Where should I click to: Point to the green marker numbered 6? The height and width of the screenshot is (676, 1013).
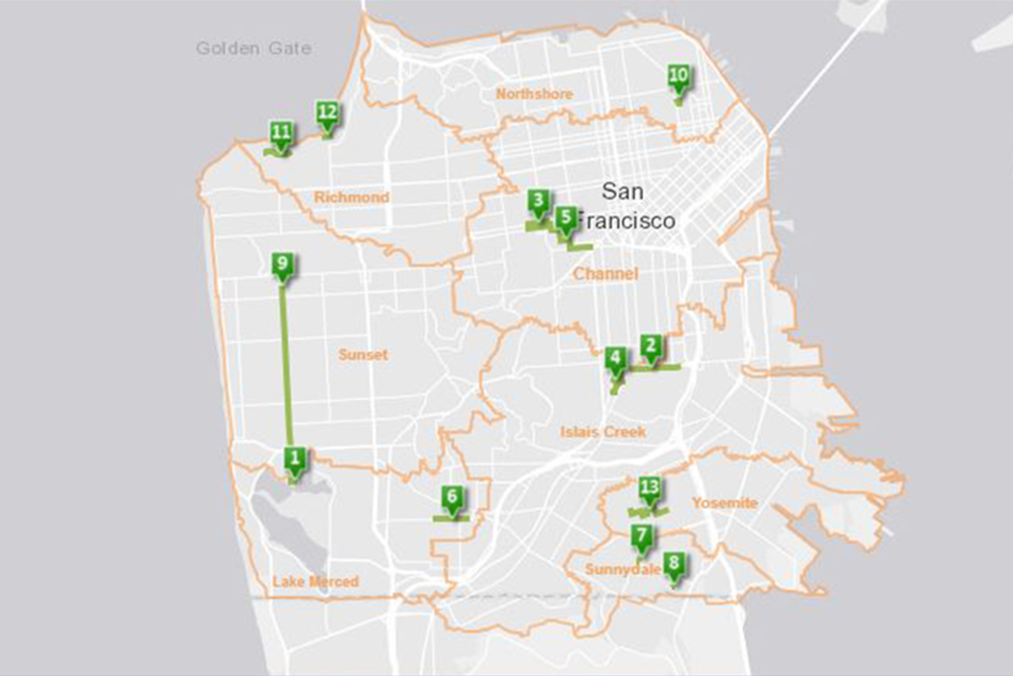452,498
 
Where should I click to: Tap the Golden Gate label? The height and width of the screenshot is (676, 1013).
253,49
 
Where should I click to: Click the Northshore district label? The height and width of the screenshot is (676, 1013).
534,94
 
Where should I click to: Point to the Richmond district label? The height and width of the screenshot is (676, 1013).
351,197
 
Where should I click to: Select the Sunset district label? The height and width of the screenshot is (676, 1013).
363,354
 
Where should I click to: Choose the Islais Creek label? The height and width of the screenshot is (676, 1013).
603,432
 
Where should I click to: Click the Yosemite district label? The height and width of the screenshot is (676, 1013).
725,503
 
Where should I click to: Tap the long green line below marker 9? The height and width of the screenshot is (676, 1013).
287,366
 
